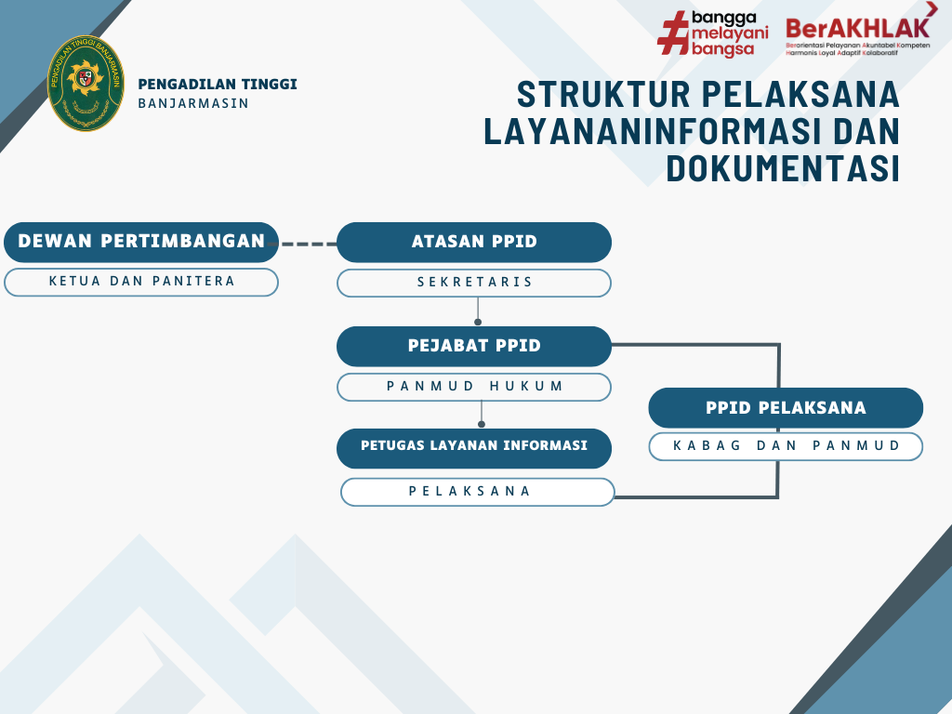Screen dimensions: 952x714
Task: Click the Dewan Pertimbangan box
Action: coord(141,243)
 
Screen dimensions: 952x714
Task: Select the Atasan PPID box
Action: coord(473,243)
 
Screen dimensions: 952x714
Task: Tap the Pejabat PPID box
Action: coord(473,346)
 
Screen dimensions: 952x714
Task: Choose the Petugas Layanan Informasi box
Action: coord(473,448)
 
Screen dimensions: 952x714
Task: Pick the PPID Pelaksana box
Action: coord(786,407)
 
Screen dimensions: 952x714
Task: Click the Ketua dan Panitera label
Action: coord(141,282)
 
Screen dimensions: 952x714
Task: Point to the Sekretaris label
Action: coord(473,283)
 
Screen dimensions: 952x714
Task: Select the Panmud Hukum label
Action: coord(473,387)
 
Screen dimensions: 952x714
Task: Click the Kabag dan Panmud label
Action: coord(786,446)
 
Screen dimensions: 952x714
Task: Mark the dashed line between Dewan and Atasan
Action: coord(307,245)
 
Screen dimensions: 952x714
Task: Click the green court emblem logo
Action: coord(86,83)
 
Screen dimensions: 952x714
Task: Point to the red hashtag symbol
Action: coord(673,33)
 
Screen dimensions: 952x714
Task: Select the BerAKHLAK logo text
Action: coord(858,28)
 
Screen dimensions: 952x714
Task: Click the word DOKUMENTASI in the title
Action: coord(782,168)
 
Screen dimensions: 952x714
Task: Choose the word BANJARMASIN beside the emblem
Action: coord(193,103)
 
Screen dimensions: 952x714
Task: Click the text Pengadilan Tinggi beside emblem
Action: coord(218,84)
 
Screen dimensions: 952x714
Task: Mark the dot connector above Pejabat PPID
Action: coord(478,322)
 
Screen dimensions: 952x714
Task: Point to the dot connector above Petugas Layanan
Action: coord(482,424)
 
